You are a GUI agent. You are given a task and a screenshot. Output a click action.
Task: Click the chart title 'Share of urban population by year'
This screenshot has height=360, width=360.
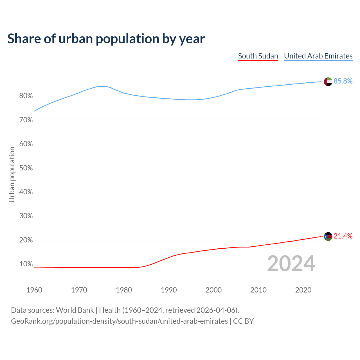(x=106, y=39)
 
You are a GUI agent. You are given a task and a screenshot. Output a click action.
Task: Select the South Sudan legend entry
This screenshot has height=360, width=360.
(x=258, y=56)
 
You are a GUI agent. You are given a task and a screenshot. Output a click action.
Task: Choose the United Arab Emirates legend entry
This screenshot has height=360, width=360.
(x=318, y=56)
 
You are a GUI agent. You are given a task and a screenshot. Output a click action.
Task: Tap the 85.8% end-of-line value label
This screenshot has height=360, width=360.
(x=343, y=81)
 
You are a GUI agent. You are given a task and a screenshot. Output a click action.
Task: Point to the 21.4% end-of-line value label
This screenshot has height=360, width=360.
(x=343, y=236)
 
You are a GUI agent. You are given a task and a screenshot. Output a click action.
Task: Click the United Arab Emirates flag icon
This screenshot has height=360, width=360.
(x=328, y=82)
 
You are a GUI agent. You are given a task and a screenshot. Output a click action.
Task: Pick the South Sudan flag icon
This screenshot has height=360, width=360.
(x=328, y=237)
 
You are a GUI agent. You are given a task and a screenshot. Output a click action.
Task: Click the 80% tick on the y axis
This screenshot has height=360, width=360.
(x=26, y=96)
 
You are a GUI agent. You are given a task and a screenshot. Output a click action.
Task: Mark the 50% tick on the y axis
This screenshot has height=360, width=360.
(x=26, y=168)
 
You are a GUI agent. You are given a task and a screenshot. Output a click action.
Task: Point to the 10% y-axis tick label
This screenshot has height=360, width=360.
(x=26, y=264)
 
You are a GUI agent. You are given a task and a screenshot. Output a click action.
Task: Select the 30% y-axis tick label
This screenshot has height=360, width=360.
(x=26, y=216)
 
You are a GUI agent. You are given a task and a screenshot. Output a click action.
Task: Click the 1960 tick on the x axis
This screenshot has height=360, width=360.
(x=34, y=290)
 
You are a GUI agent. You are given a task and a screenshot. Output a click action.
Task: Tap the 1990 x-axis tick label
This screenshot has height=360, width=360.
(x=169, y=290)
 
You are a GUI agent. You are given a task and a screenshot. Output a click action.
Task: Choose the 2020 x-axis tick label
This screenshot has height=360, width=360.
(x=303, y=290)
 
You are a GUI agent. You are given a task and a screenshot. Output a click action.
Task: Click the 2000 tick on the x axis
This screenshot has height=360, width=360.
(x=213, y=290)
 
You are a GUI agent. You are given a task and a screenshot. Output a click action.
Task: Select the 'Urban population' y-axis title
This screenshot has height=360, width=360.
(x=12, y=175)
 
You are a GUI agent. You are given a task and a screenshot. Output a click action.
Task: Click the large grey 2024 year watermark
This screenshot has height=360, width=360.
(x=291, y=264)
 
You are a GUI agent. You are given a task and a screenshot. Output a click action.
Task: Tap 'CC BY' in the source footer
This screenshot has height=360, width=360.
(x=243, y=321)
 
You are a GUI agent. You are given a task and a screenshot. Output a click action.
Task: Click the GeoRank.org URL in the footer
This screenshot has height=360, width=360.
(x=119, y=321)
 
